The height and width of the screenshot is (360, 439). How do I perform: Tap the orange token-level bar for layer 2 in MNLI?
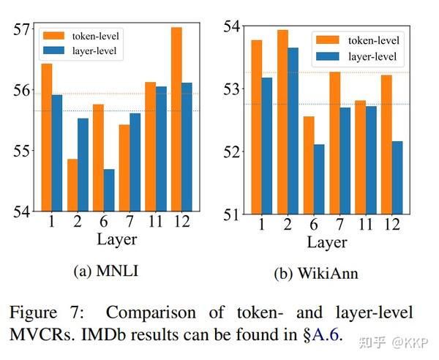(72, 185)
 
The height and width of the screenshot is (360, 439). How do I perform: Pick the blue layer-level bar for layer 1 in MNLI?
(57, 153)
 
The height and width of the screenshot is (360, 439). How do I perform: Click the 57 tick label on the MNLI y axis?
(21, 30)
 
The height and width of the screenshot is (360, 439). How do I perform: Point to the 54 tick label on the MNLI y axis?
(21, 212)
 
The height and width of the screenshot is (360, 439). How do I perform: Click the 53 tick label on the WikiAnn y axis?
(230, 89)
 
